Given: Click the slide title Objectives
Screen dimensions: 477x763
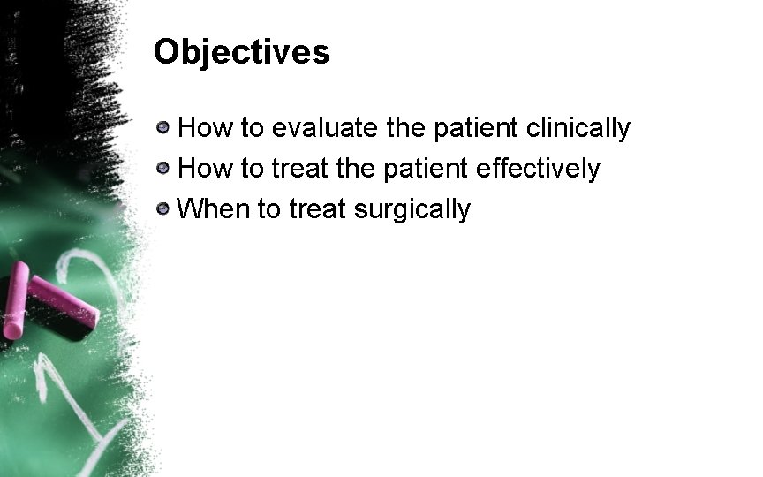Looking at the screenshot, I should coord(241,53).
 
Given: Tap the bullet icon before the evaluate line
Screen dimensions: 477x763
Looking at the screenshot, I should coord(163,129).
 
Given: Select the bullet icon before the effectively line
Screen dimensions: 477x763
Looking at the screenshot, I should coord(163,169).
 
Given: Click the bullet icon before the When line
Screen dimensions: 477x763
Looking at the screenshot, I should coord(163,209).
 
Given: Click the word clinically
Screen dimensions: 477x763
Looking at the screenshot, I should coord(578,129).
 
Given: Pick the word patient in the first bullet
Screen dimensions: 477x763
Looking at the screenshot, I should coord(474,129).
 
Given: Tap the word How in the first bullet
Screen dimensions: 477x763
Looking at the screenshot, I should coord(205,129).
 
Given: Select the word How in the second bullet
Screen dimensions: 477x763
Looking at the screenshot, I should coord(205,169).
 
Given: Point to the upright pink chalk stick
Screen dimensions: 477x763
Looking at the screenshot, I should coord(15,301).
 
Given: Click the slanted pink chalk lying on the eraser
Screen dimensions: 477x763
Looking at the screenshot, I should coord(63,299).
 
